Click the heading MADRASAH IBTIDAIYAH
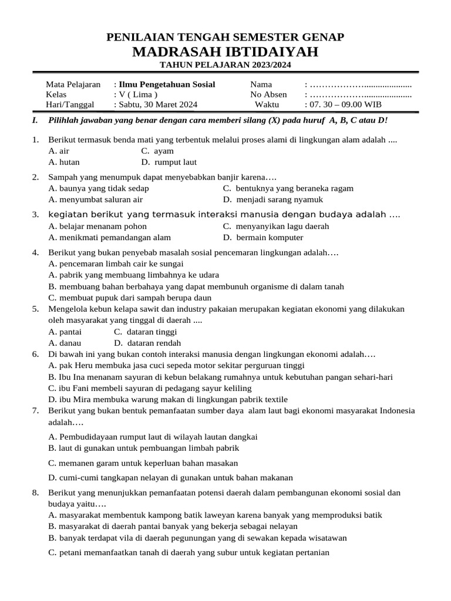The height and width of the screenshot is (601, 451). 225,52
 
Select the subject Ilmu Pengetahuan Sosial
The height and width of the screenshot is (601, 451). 167,85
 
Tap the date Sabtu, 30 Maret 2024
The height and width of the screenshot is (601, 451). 158,104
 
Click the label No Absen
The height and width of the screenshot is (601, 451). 268,94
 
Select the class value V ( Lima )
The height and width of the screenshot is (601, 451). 137,94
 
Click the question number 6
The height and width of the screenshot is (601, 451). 35,354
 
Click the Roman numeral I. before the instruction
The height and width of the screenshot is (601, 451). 35,120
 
